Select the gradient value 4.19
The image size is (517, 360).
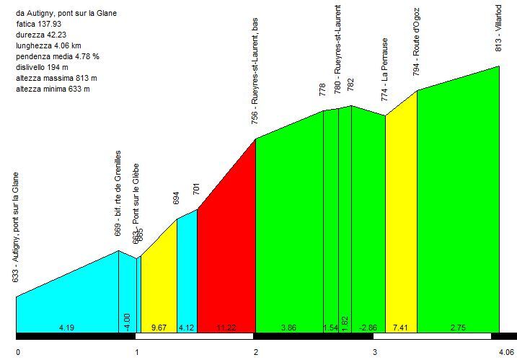pos(67,328)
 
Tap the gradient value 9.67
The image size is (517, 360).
pos(159,328)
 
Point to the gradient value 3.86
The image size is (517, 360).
pos(288,328)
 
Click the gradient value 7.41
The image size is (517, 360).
pos(400,328)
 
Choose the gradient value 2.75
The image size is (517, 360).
pos(457,328)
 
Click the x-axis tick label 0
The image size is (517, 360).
pos(18,353)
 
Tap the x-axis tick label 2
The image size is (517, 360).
pos(256,353)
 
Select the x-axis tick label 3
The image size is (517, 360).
pos(375,353)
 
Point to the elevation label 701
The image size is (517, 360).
pos(196,190)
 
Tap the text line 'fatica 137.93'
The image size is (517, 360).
pos(40,24)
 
